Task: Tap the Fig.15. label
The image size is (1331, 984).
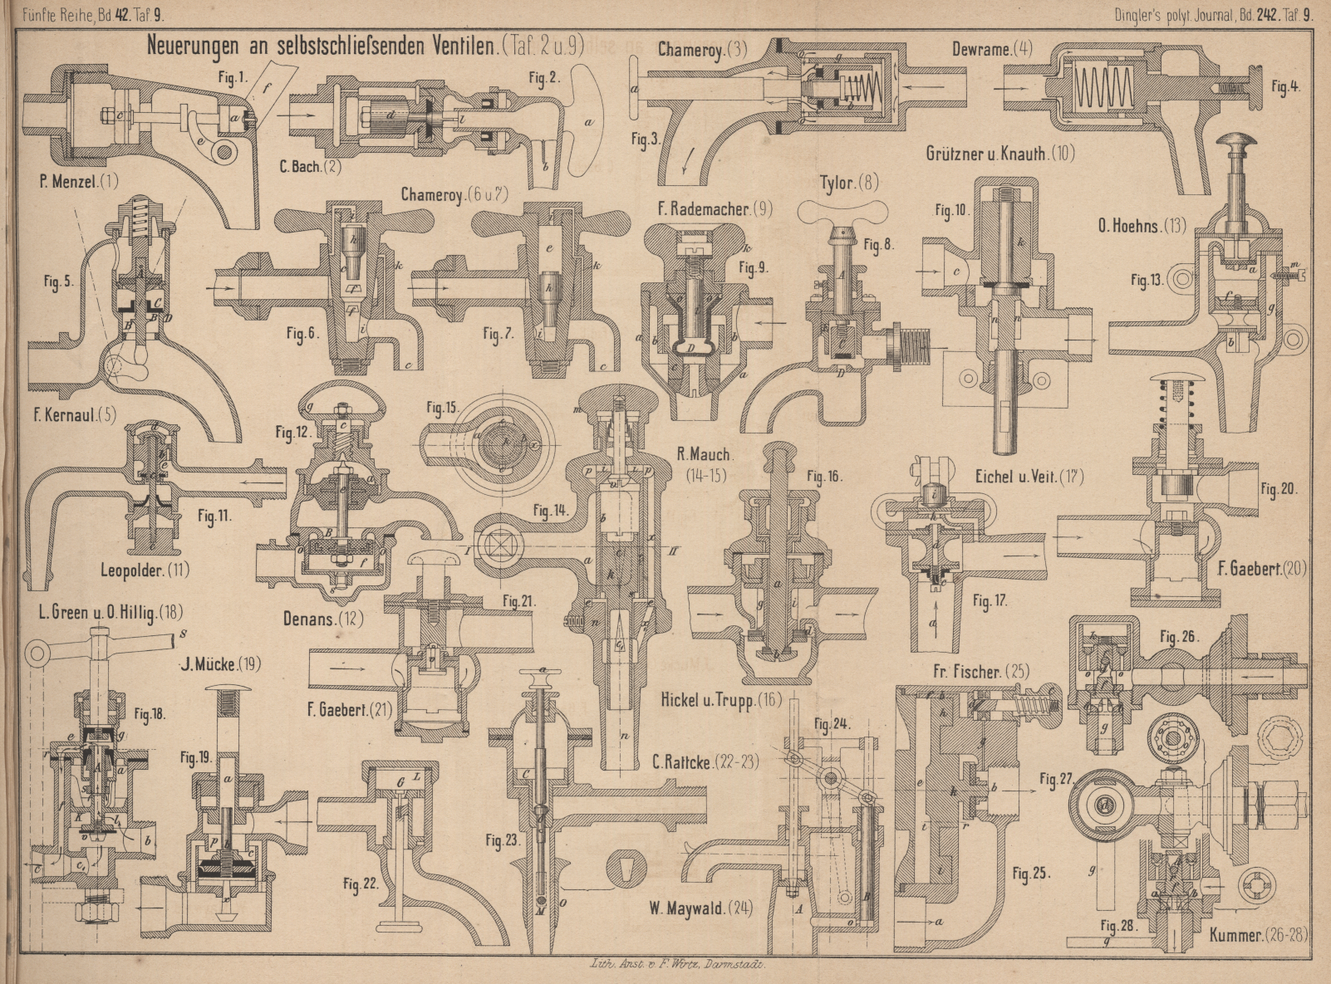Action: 443,408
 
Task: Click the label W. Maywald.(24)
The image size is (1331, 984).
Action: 701,908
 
